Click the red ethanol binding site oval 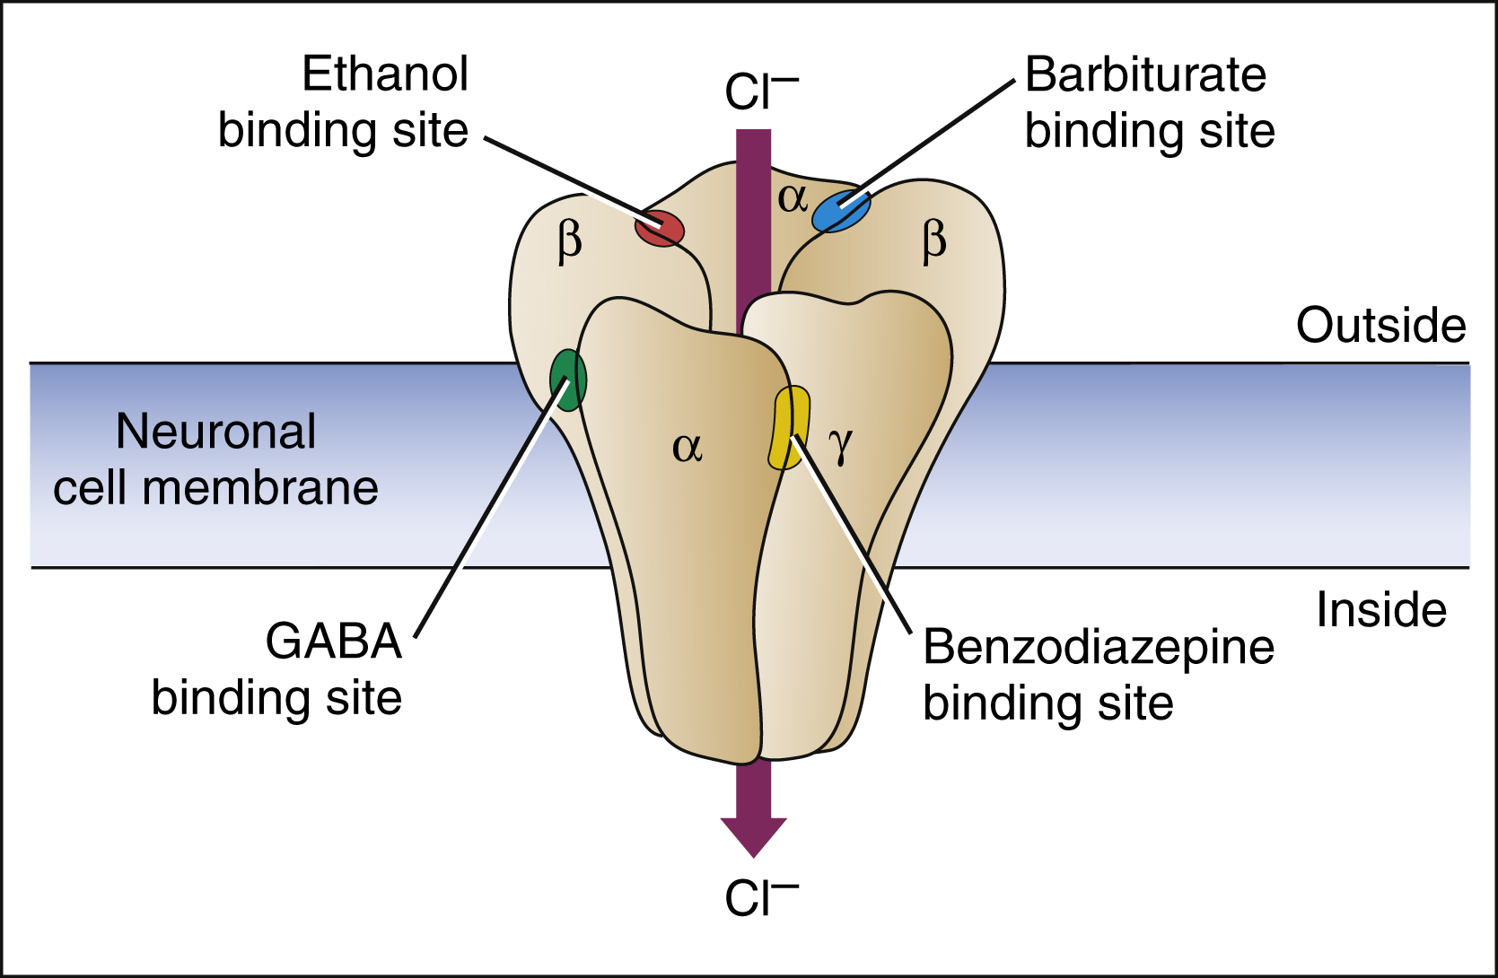point(660,228)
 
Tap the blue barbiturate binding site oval point(841,211)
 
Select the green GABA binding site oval point(568,380)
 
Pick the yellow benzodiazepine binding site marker point(788,427)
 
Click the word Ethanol point(385,74)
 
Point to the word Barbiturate point(1145,74)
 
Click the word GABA point(333,641)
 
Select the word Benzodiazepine point(1099,647)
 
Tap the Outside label point(1380,325)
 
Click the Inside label point(1381,610)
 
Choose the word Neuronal point(216,432)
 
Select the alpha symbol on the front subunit point(687,446)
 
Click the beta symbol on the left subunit point(570,241)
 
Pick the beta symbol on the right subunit point(934,241)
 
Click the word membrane point(260,489)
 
